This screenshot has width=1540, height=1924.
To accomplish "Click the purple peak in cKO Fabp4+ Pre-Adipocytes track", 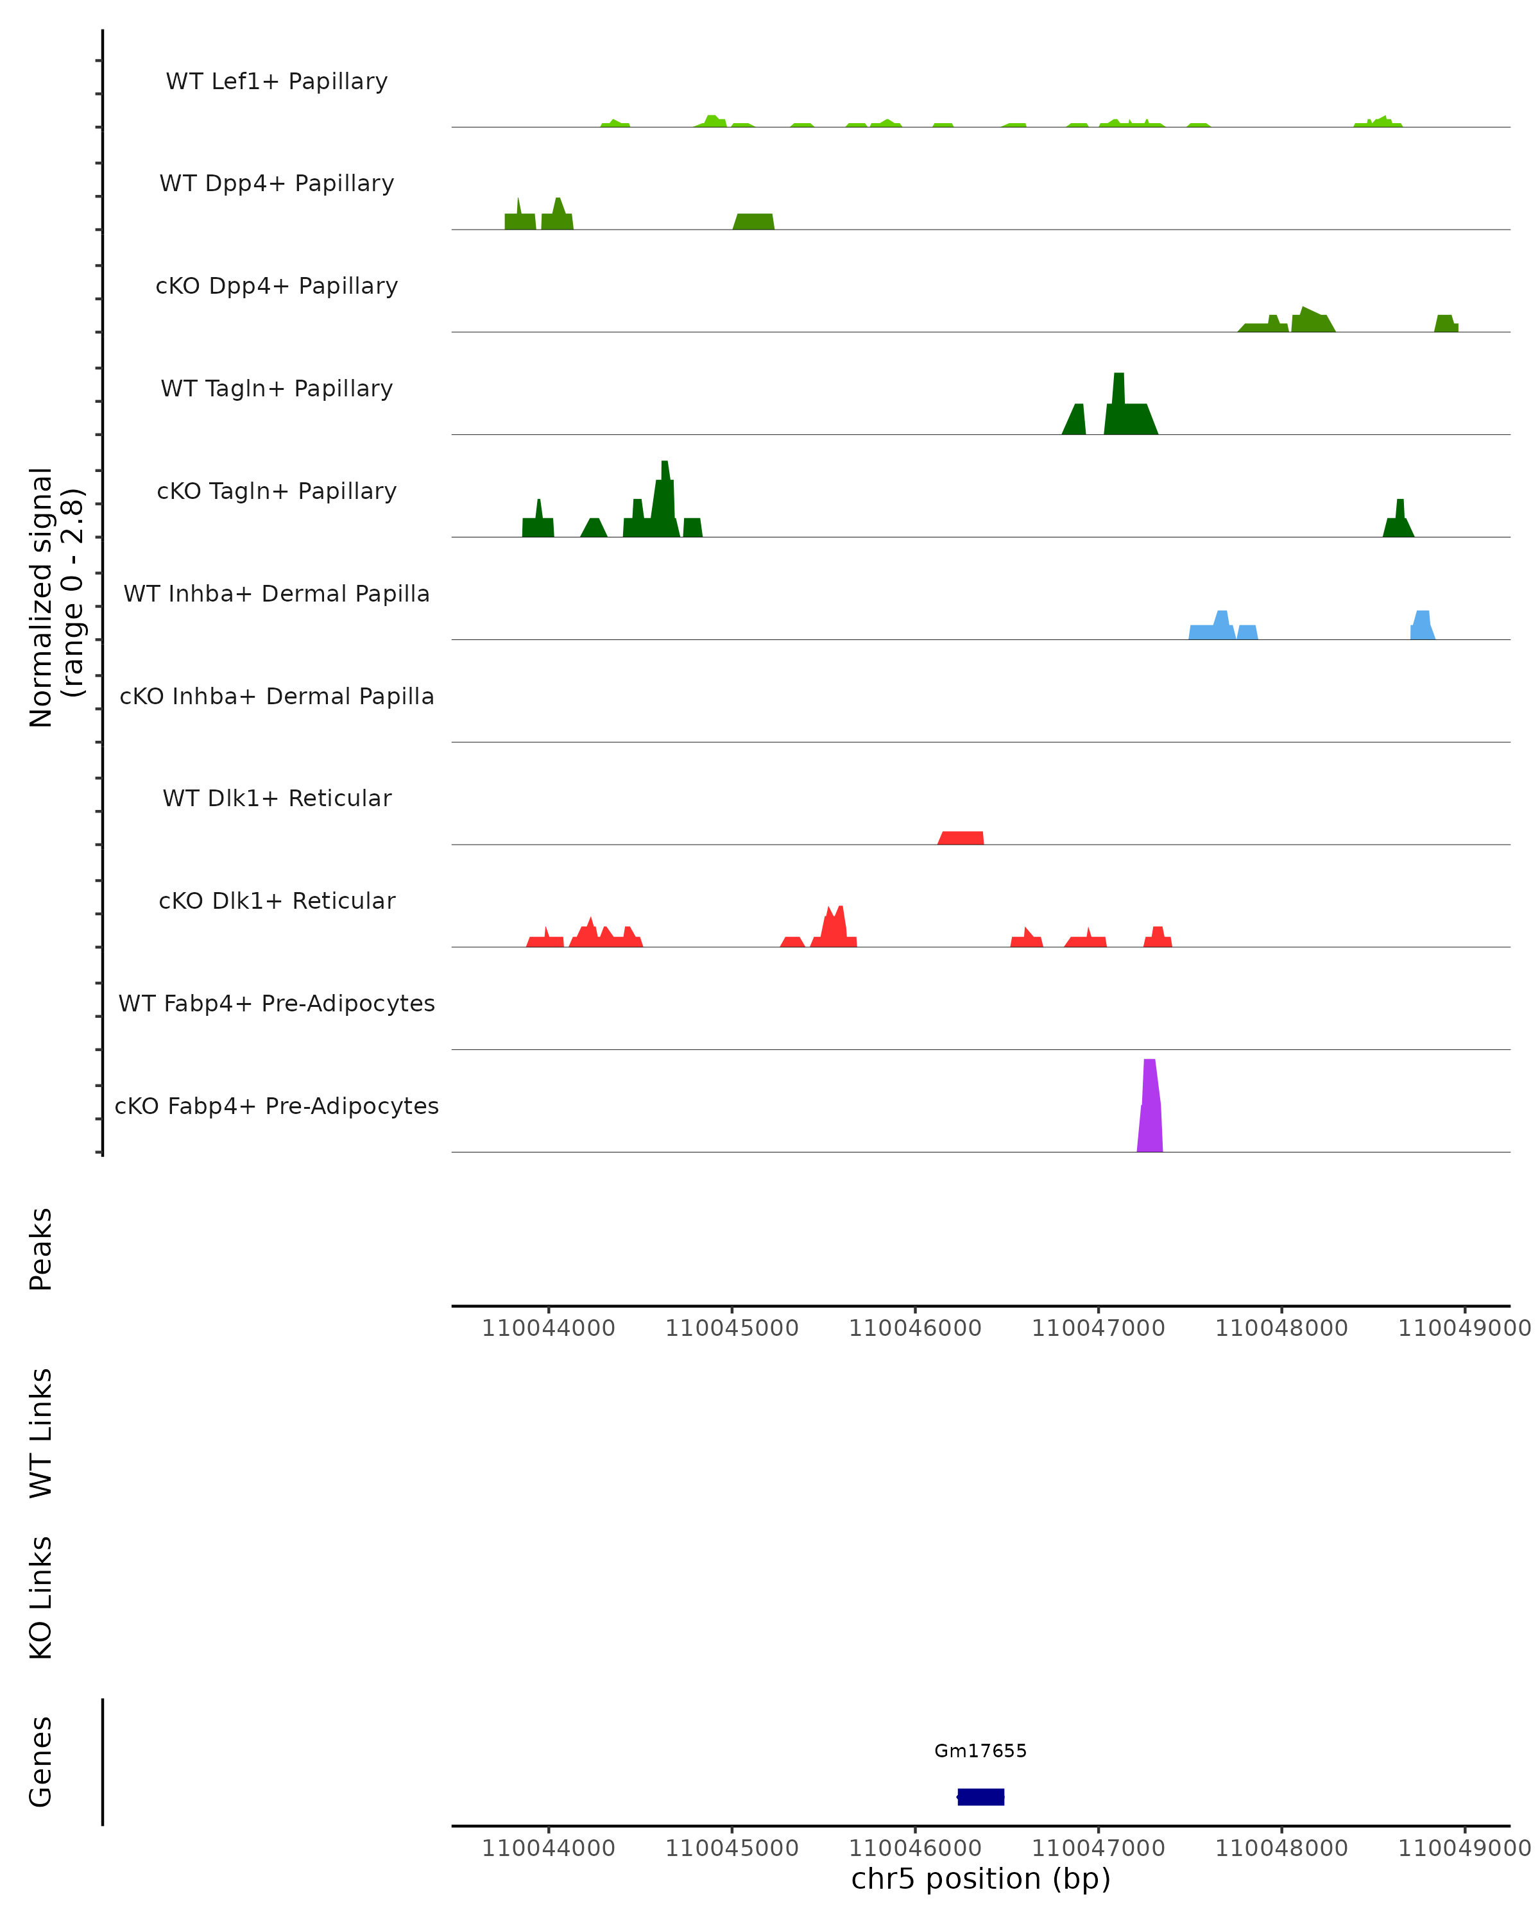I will click(x=1149, y=1111).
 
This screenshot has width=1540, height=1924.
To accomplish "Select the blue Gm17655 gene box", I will click(x=980, y=1796).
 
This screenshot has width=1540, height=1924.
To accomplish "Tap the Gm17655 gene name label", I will click(x=980, y=1751).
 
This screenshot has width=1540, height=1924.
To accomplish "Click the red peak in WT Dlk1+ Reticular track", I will click(x=961, y=838).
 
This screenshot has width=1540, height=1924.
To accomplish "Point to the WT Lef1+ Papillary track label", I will click(x=277, y=81).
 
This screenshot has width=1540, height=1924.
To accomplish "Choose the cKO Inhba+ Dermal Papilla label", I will click(x=277, y=696).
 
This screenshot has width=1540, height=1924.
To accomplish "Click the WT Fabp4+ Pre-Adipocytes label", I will click(x=277, y=1003).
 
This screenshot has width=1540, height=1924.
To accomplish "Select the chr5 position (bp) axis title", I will click(x=980, y=1878).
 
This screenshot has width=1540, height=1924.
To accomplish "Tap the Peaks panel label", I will click(x=41, y=1249).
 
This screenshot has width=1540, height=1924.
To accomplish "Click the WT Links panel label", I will click(x=41, y=1432).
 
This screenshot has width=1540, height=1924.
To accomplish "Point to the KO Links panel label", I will click(x=41, y=1598).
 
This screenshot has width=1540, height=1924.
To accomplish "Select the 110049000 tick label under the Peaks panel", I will click(x=1464, y=1328).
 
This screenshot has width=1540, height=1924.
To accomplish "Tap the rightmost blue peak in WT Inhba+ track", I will click(x=1422, y=625).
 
